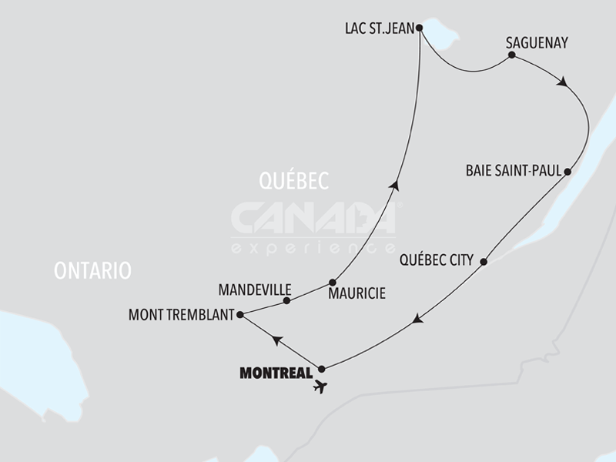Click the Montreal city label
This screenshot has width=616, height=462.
(276, 373)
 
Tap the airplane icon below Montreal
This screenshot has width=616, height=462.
(320, 386)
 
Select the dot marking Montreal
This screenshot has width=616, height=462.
(322, 369)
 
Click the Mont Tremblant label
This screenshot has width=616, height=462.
(182, 314)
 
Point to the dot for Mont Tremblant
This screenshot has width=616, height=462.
(240, 314)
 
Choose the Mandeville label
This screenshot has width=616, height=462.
(255, 290)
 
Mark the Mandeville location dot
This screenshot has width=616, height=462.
(287, 300)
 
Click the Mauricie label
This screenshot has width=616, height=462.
(357, 293)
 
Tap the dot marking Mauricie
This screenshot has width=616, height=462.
(333, 282)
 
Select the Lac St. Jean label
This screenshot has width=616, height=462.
(376, 29)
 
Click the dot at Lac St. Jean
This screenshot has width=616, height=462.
(419, 28)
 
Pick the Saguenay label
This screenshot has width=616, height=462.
(537, 43)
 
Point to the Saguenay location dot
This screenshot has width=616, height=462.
(511, 55)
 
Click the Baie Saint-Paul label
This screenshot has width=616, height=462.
(514, 171)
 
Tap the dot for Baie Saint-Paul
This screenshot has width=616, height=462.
(567, 171)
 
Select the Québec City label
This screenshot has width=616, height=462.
(436, 260)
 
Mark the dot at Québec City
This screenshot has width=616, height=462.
(484, 263)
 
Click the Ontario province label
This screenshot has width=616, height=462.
(93, 270)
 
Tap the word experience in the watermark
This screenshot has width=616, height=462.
(313, 248)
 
